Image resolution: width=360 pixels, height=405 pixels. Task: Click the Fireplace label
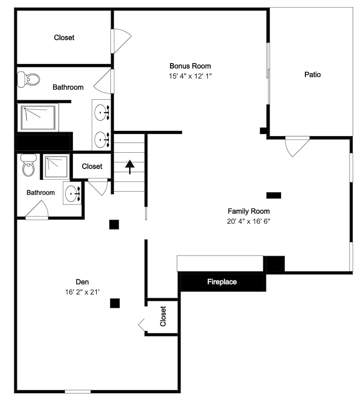[222, 281]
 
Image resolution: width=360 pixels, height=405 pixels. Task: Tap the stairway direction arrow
[130, 167]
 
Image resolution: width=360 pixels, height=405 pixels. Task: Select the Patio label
[313, 75]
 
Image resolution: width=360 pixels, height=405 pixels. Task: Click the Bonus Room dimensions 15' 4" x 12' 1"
[190, 76]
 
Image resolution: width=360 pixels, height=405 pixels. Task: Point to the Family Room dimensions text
[248, 222]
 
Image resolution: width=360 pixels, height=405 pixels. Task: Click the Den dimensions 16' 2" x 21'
[82, 292]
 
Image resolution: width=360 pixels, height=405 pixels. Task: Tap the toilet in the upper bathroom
[28, 79]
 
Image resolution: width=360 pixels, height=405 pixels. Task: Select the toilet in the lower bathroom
[28, 165]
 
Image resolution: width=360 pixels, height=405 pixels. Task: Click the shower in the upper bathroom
[38, 118]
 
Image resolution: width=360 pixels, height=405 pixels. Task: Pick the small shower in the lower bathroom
[56, 166]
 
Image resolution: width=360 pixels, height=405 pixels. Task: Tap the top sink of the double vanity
[102, 112]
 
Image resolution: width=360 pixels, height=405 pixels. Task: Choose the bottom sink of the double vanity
[102, 140]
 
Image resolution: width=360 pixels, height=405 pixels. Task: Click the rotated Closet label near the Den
[163, 316]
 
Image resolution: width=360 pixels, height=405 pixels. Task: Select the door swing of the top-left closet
[122, 41]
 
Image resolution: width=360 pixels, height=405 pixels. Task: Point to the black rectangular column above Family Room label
[274, 195]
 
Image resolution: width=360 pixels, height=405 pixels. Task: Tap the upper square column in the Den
[114, 224]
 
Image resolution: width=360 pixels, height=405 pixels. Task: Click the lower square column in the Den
[115, 303]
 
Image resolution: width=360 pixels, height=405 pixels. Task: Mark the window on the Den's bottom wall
[78, 392]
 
